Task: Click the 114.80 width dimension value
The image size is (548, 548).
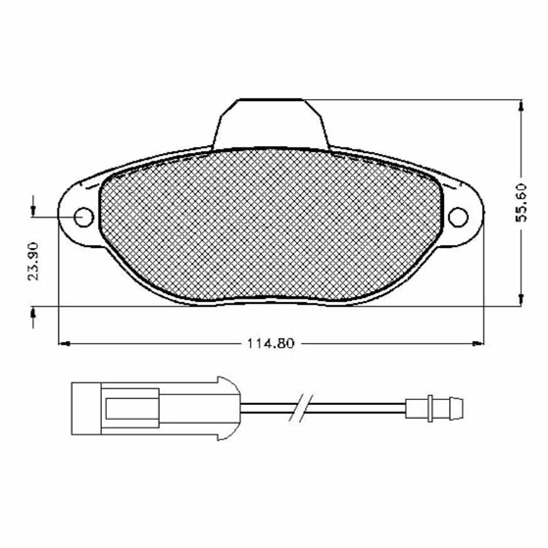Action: tap(271, 343)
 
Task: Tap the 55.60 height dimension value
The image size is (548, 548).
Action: tap(522, 202)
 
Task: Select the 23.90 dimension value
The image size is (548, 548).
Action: tap(33, 261)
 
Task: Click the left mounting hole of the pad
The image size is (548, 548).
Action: tap(84, 217)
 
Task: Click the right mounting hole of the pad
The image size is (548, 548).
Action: tap(458, 217)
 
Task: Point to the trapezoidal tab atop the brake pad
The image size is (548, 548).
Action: tap(272, 125)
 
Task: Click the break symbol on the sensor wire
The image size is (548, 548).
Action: tap(300, 408)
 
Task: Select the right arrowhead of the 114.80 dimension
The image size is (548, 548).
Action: tap(478, 344)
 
